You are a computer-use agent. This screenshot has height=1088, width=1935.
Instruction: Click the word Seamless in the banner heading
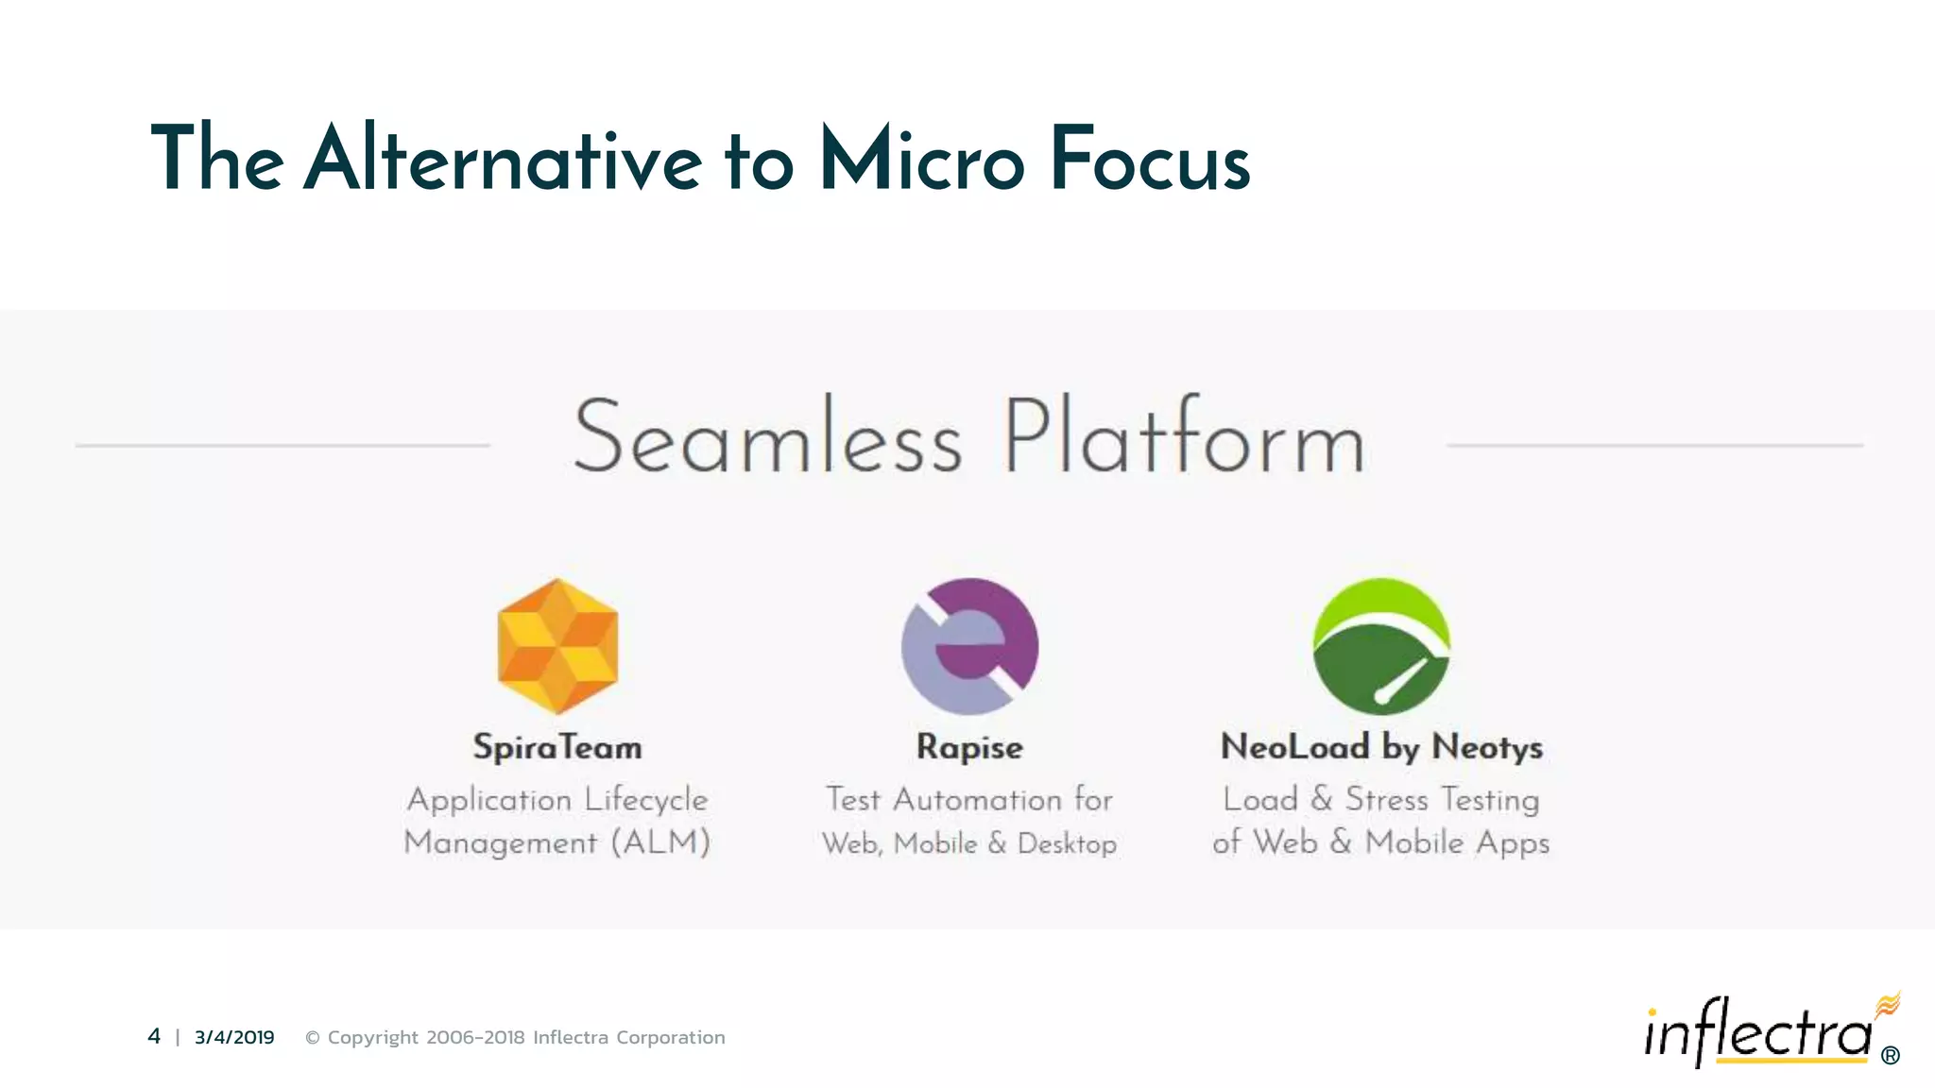(x=767, y=438)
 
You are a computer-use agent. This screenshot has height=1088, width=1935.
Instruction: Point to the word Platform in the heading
(x=1183, y=438)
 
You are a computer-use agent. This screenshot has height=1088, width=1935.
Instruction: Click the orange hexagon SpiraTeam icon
(x=557, y=646)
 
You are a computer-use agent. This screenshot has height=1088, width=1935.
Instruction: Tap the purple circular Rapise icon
(x=969, y=646)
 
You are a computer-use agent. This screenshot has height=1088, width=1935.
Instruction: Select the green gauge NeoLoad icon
(x=1381, y=646)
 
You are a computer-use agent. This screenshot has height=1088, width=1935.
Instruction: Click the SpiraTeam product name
(x=557, y=747)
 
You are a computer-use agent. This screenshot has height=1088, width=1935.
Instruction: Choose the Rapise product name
(x=969, y=747)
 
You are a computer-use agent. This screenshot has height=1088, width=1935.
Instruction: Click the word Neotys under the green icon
(x=1487, y=747)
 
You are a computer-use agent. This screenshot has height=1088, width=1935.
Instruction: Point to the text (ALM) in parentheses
(x=660, y=841)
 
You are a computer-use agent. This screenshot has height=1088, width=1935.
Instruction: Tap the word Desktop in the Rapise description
(x=1067, y=842)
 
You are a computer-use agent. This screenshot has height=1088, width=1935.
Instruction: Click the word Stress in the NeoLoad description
(x=1386, y=799)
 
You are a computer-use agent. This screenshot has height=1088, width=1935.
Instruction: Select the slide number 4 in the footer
(x=154, y=1036)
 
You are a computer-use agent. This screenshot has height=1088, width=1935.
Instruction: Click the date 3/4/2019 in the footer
(x=234, y=1037)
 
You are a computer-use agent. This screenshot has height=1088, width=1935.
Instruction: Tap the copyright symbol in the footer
(x=312, y=1037)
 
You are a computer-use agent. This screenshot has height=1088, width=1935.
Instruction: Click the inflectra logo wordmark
(x=1757, y=1033)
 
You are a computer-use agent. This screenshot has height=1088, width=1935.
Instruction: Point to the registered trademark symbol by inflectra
(x=1890, y=1055)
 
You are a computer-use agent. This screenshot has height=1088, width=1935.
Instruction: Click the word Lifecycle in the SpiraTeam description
(x=645, y=799)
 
